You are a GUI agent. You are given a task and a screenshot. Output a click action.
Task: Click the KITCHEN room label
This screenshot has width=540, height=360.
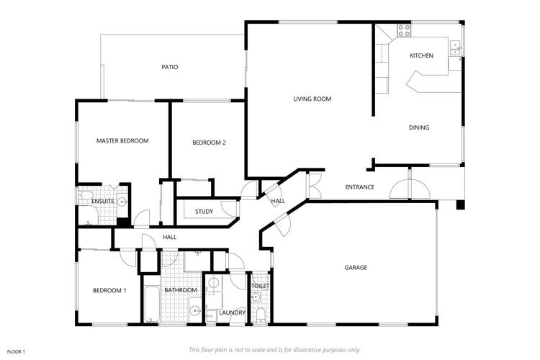click(421, 55)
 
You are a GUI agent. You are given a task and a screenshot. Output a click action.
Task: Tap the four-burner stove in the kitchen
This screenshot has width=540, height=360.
click(403, 31)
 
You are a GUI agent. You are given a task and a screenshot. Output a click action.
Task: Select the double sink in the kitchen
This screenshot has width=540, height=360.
click(455, 48)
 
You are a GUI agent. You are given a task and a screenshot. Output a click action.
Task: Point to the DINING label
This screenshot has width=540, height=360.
click(418, 127)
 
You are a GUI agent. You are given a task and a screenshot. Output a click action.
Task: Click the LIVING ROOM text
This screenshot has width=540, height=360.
click(312, 99)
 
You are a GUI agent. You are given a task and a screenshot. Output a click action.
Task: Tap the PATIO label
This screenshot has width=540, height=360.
click(169, 67)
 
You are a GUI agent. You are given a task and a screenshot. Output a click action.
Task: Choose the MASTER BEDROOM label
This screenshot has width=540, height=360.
click(122, 141)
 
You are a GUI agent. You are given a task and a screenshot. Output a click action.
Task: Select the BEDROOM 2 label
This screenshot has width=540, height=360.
click(209, 143)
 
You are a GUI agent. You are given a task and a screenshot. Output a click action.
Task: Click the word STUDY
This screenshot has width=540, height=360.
click(204, 212)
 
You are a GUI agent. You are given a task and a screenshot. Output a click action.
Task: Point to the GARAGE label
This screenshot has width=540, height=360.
click(356, 268)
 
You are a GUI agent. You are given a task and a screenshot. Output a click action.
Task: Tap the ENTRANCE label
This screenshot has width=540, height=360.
click(359, 187)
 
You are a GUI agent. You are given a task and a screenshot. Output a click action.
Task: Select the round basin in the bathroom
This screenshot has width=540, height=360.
click(195, 312)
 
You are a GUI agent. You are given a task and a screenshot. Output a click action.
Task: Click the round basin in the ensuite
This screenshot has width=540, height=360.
click(121, 202)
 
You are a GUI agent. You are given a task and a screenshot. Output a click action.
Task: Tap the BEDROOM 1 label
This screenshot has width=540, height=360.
click(109, 290)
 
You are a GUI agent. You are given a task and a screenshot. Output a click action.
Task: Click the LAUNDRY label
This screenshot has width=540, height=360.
click(232, 312)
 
